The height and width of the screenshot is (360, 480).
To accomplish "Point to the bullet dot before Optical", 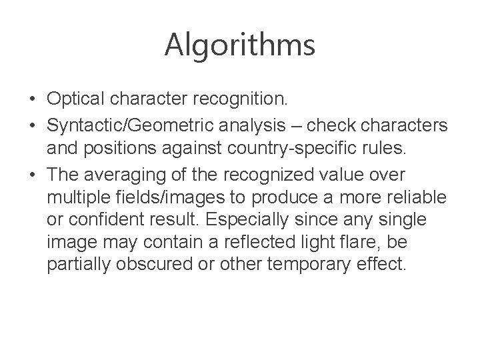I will click(x=32, y=100).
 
